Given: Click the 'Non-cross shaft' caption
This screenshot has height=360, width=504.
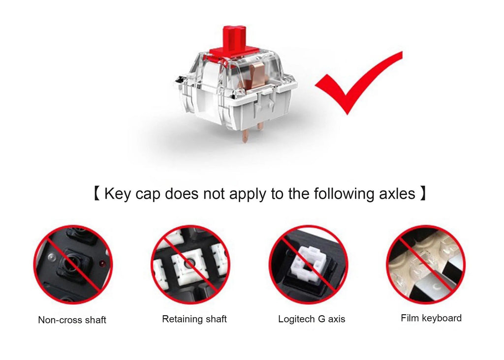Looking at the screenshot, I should (72, 320).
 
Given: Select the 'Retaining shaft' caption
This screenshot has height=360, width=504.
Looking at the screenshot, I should (194, 319).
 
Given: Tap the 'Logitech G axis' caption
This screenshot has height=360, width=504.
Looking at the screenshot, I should (312, 319).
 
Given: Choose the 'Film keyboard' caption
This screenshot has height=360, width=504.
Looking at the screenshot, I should (431, 318).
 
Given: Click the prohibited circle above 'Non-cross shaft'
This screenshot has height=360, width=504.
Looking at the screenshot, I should (73, 265).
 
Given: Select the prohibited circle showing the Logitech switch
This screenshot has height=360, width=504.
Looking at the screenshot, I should (308, 265).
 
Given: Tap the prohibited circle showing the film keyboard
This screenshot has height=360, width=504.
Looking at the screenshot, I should (426, 265).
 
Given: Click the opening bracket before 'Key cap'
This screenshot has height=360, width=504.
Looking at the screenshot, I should (96, 193).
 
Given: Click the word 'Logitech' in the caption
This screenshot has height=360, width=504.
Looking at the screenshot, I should (297, 319).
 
